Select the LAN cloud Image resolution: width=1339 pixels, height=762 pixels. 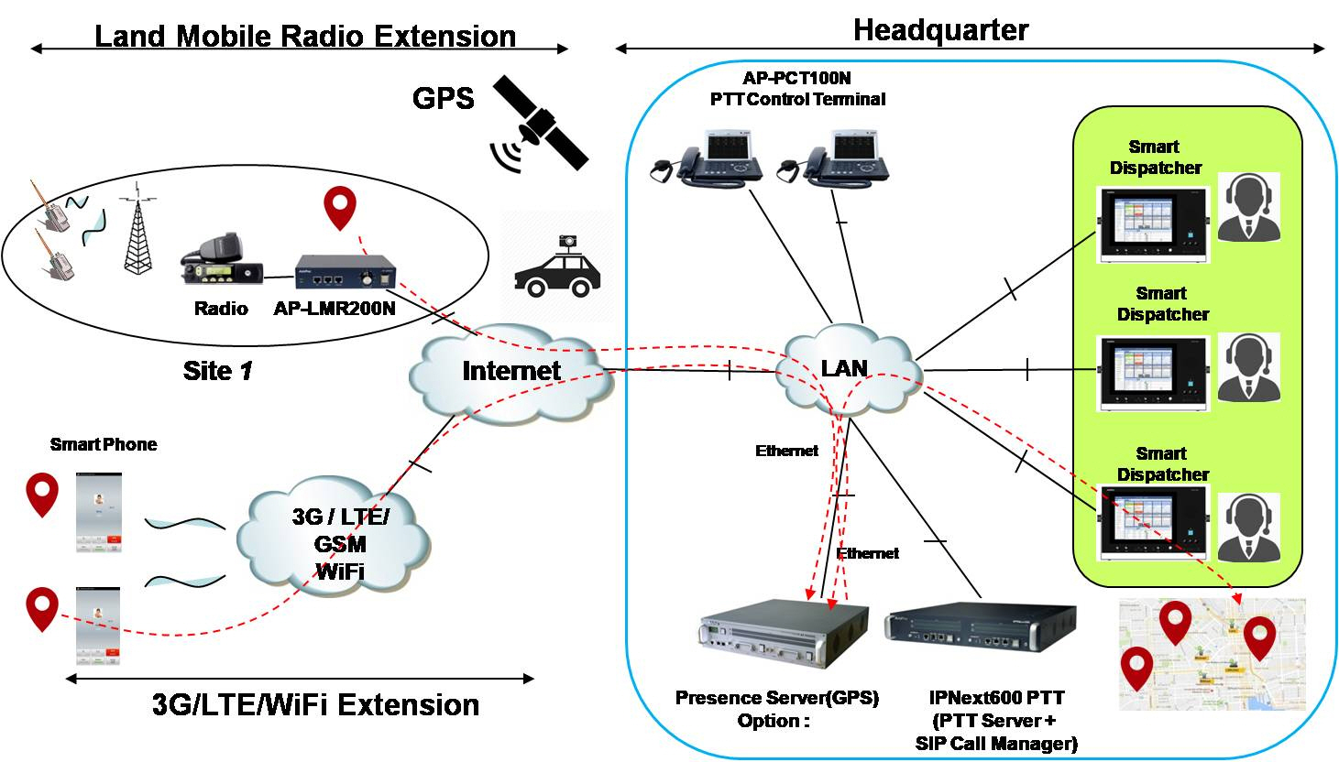click(845, 368)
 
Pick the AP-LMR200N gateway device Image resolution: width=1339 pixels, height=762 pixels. click(346, 272)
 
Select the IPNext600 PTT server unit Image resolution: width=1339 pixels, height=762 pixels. click(978, 632)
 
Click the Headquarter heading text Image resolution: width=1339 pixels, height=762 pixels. click(940, 30)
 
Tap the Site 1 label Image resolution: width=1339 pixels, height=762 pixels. click(217, 371)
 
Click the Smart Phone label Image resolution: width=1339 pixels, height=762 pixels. click(104, 444)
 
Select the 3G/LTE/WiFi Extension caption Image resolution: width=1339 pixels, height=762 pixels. click(315, 705)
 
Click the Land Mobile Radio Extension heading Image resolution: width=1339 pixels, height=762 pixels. click(305, 37)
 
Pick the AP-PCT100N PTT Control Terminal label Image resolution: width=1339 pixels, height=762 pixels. click(797, 89)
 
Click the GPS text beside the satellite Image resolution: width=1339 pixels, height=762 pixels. click(444, 99)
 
